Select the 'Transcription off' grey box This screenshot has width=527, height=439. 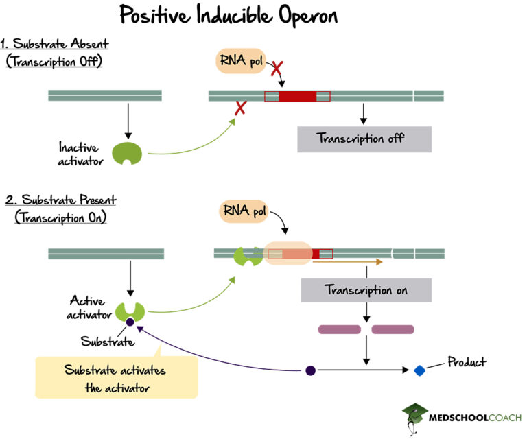tap(364, 139)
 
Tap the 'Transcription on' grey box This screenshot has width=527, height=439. tap(366, 290)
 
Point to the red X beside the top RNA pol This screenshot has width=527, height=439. tap(277, 69)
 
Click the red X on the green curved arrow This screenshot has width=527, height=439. tap(241, 108)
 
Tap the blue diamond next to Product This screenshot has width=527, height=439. tap(419, 370)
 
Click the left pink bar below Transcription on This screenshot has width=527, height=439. tap(339, 330)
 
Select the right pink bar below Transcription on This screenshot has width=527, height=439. tap(393, 330)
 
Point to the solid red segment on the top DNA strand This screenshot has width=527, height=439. tap(297, 96)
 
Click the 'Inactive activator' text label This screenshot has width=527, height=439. tap(79, 154)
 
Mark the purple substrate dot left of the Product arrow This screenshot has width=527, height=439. tap(310, 370)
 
